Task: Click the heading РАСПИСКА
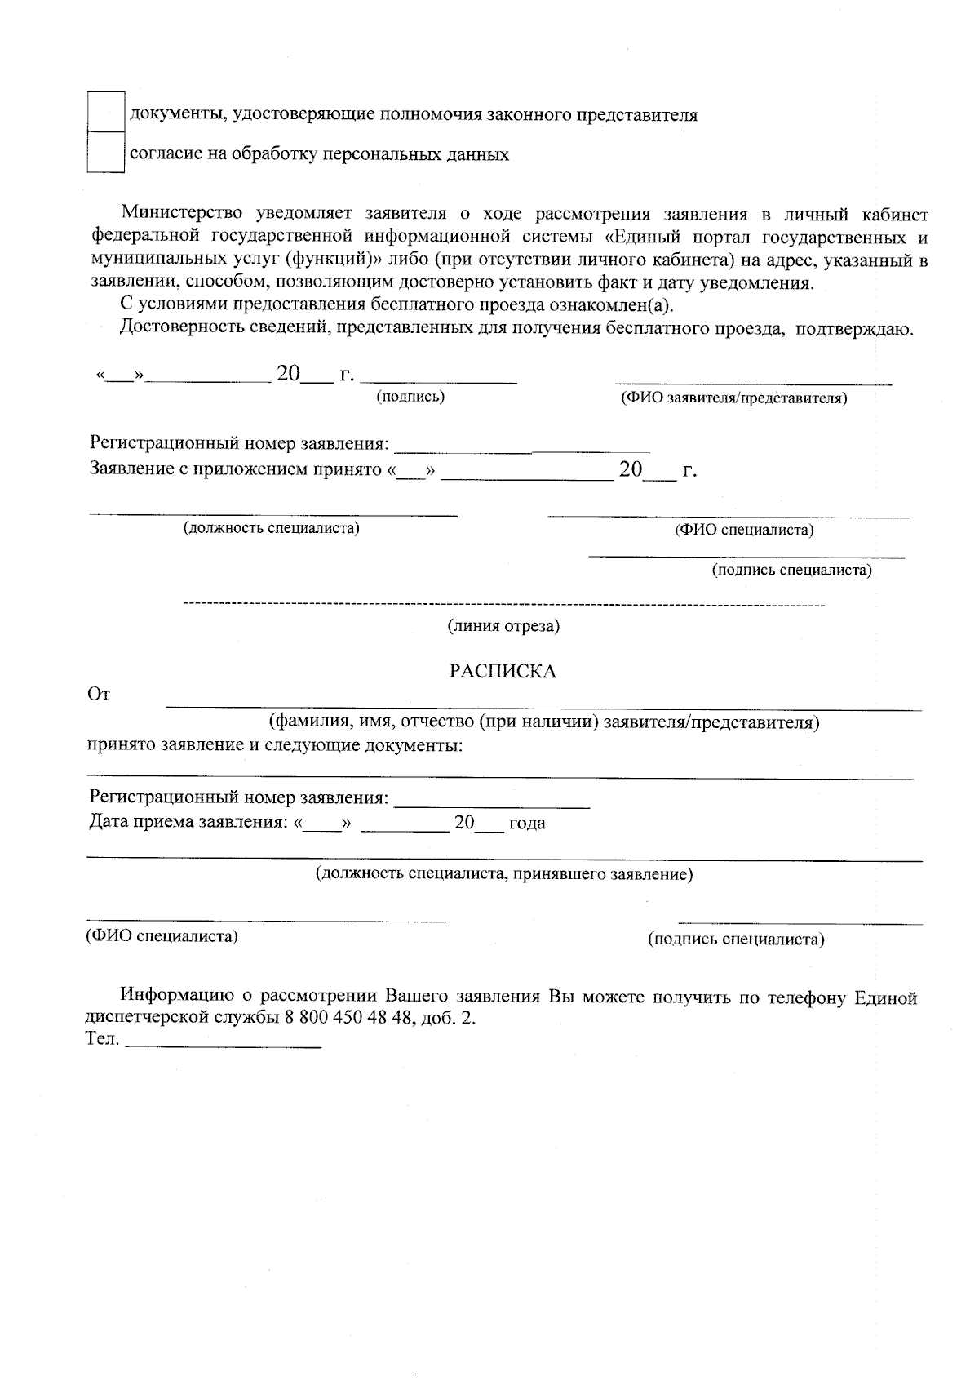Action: (503, 671)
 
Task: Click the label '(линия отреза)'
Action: (503, 626)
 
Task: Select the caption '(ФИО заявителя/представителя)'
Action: (733, 398)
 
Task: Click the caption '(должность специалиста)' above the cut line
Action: (272, 527)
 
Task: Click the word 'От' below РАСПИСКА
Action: (98, 695)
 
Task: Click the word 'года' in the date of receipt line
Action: (527, 823)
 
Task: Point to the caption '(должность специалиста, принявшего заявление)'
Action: (504, 874)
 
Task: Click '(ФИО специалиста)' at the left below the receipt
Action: (162, 936)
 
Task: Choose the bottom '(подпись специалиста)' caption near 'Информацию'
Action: (736, 940)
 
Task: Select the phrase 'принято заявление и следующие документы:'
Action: (276, 744)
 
